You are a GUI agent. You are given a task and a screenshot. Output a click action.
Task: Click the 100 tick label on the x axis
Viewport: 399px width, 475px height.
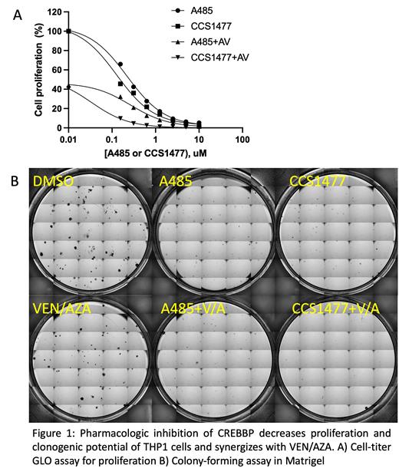coord(243,139)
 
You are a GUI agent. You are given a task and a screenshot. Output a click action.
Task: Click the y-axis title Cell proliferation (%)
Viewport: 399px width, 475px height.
coord(35,69)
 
